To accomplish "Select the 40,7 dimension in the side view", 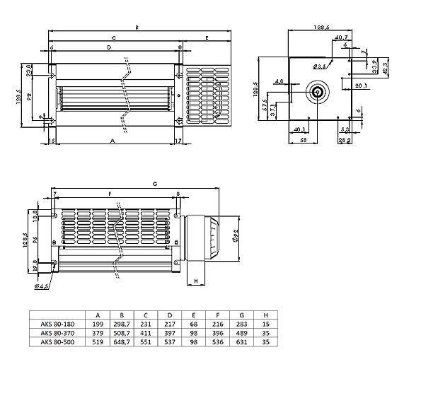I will [x=340, y=37].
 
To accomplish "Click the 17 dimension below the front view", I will [x=177, y=141].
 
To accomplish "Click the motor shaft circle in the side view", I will [x=316, y=92].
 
